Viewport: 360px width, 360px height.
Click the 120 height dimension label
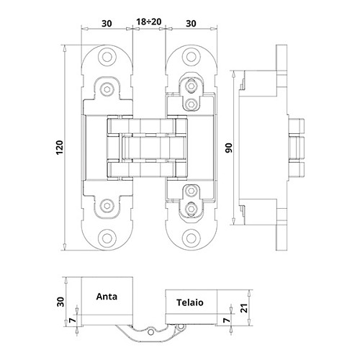(x=59, y=148)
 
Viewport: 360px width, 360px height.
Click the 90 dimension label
(x=229, y=148)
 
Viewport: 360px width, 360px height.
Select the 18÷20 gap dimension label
(x=149, y=22)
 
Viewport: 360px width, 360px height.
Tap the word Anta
(x=107, y=297)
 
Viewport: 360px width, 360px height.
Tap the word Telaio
(x=190, y=302)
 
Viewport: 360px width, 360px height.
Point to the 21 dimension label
(x=244, y=308)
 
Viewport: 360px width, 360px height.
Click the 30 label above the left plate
(x=107, y=24)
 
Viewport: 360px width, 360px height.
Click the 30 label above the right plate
(x=191, y=24)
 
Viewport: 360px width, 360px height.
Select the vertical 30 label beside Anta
(x=60, y=302)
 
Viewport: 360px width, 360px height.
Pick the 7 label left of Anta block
(x=73, y=320)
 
